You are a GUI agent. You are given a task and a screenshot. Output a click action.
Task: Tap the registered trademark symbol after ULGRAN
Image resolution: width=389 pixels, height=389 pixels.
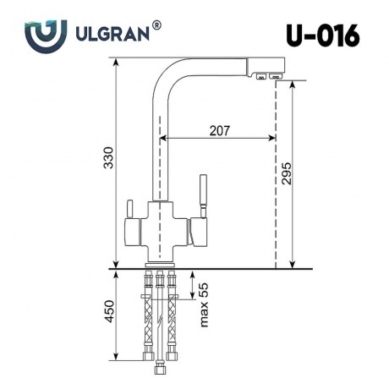coord(156,25)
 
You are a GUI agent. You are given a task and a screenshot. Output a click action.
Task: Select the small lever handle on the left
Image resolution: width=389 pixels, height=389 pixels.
coord(129,209)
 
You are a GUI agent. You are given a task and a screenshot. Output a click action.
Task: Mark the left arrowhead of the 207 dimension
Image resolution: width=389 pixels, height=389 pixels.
coord(166,138)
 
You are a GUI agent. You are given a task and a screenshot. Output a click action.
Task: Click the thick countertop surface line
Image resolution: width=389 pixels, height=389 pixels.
coord(211,269)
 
